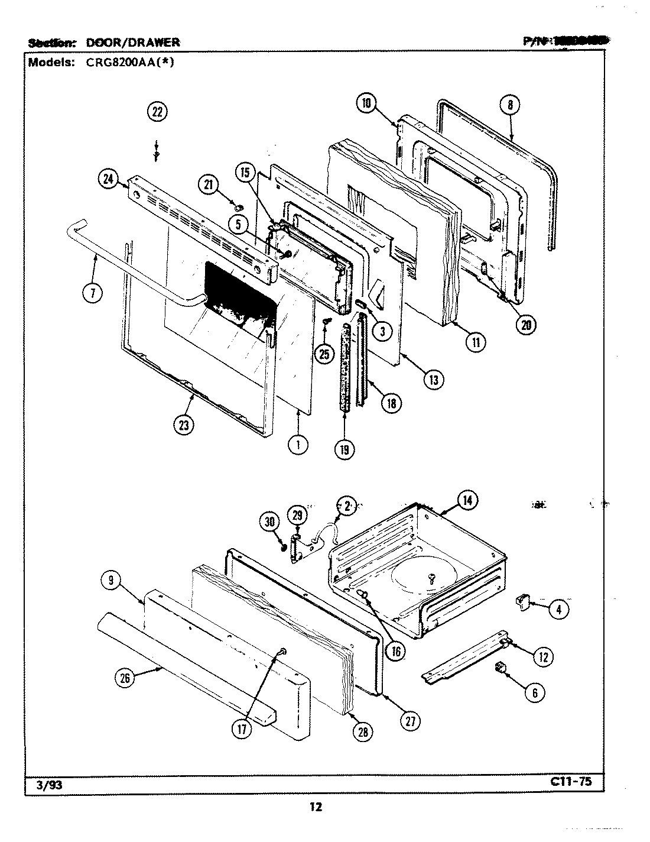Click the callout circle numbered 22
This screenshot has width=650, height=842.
pos(157,112)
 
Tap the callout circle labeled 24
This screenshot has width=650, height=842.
pos(109,180)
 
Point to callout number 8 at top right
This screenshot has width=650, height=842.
pos(509,106)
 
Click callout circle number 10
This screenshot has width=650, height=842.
pos(366,103)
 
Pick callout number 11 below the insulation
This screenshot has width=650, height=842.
pos(475,342)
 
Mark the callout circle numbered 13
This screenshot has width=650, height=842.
pos(433,380)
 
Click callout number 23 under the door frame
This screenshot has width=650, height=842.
pos(185,425)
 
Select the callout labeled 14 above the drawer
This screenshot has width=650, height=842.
pos(467,500)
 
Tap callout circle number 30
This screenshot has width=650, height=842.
pos(269,522)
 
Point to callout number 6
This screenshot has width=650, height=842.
pos(535,692)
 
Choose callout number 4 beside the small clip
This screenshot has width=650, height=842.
pos(558,609)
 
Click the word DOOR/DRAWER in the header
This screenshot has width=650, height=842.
pos(133,42)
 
